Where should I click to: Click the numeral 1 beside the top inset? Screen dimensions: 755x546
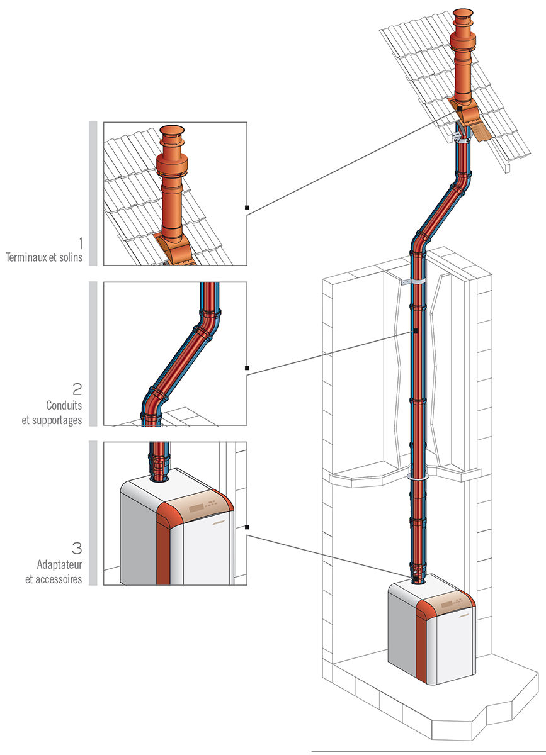(x=80, y=243)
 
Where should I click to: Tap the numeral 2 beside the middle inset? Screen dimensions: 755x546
(x=77, y=388)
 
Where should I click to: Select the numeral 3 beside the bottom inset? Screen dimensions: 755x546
(x=76, y=547)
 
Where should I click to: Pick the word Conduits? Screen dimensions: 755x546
(x=64, y=406)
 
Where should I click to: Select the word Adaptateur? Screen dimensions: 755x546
(x=60, y=564)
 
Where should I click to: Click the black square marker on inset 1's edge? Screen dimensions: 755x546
(x=247, y=207)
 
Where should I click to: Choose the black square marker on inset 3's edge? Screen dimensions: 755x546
(x=247, y=527)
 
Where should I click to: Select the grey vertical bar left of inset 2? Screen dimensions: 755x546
(x=93, y=354)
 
